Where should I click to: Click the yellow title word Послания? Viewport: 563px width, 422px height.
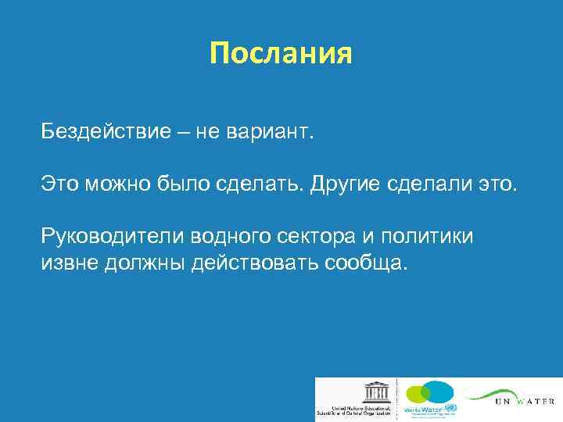point(281,53)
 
